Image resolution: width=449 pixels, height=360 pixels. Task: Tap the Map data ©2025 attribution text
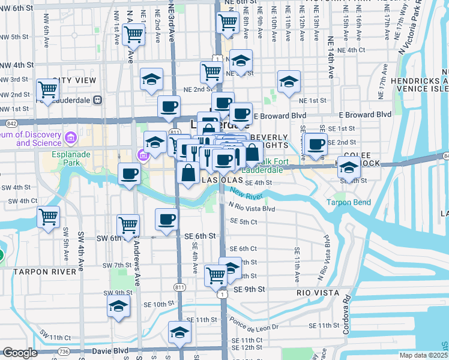423,355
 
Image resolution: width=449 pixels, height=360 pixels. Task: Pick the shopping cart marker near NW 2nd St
47,91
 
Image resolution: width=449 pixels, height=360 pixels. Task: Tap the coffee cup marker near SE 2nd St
316,144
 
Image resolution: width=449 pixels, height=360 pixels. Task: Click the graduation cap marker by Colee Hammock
348,166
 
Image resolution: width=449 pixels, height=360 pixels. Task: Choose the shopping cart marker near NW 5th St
133,34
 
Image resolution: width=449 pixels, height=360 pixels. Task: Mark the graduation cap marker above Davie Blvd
179,332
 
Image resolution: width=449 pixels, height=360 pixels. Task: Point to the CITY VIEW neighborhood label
74,80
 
